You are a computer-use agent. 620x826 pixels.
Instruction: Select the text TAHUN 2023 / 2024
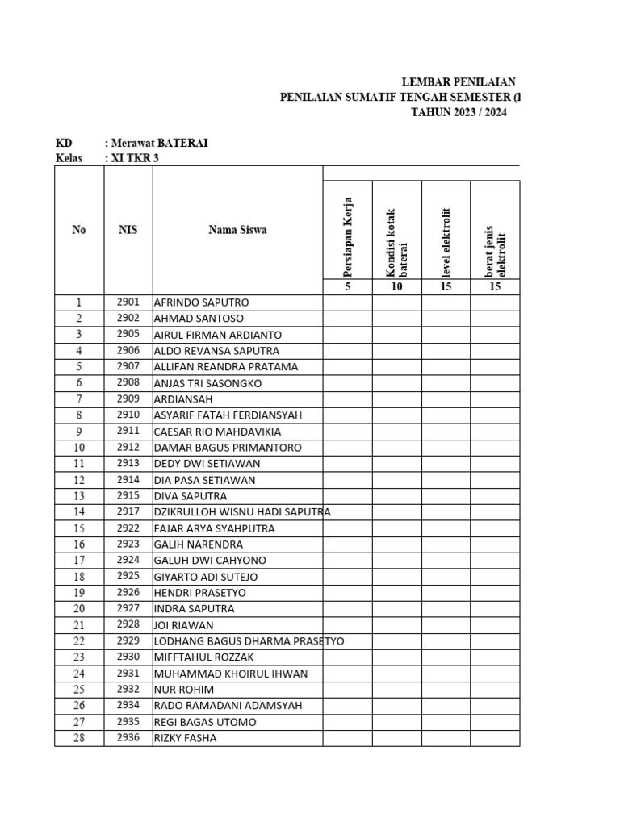click(459, 113)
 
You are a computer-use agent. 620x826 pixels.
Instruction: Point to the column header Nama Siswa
click(237, 230)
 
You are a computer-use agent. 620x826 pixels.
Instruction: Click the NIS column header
click(128, 230)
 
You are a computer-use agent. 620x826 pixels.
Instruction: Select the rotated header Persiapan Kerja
click(348, 230)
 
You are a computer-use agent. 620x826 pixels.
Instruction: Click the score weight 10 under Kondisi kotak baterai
click(396, 286)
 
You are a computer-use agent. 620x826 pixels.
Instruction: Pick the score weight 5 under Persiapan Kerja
click(348, 286)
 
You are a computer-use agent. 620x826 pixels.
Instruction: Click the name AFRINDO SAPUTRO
click(201, 302)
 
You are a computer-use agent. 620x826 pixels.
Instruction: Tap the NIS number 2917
click(128, 511)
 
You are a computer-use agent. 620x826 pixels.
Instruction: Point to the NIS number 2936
click(128, 737)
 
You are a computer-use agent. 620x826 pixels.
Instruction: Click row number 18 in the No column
click(79, 577)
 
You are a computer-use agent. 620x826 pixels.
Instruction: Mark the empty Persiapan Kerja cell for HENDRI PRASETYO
click(348, 593)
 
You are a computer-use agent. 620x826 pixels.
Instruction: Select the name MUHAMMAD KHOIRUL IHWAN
click(231, 674)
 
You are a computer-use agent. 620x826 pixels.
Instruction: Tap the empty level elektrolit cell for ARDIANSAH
click(446, 399)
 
